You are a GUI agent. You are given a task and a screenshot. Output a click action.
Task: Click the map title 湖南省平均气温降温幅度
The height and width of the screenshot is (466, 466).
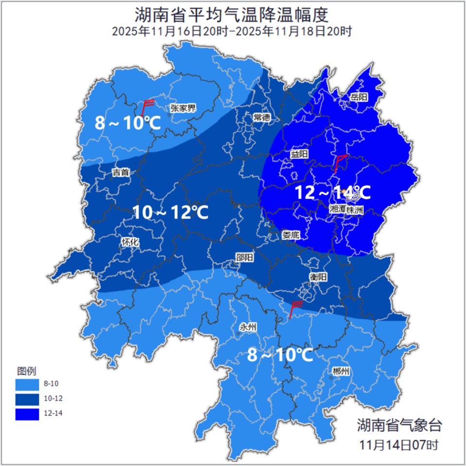(x=232, y=15)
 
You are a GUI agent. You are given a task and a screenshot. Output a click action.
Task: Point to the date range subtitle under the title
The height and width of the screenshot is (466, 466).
(x=232, y=32)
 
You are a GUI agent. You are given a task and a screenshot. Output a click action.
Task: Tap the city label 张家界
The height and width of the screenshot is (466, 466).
(x=183, y=108)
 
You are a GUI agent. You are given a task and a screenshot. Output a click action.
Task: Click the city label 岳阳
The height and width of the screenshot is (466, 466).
(x=359, y=97)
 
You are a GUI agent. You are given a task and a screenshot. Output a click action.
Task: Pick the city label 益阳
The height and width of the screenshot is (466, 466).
(x=299, y=154)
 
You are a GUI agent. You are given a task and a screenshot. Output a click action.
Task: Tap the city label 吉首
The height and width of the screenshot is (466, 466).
(x=121, y=172)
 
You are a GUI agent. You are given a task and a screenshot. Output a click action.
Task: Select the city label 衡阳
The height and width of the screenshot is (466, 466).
(x=318, y=277)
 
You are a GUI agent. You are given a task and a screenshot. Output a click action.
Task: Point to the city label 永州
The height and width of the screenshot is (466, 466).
(x=248, y=327)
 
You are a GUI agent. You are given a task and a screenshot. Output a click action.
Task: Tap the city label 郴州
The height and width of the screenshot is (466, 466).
(x=341, y=372)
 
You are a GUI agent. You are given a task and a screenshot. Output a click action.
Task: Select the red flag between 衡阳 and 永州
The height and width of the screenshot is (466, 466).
(x=295, y=307)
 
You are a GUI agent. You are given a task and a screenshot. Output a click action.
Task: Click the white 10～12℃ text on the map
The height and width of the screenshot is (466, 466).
(x=170, y=212)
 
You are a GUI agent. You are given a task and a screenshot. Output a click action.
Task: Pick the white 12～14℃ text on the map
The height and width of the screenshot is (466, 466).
(x=333, y=193)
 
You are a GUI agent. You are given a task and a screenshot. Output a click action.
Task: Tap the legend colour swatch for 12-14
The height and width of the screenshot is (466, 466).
(x=27, y=414)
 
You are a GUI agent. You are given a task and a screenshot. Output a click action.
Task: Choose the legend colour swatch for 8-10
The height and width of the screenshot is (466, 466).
(x=27, y=384)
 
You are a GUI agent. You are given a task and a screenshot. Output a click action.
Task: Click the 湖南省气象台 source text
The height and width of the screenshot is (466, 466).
(x=399, y=426)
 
